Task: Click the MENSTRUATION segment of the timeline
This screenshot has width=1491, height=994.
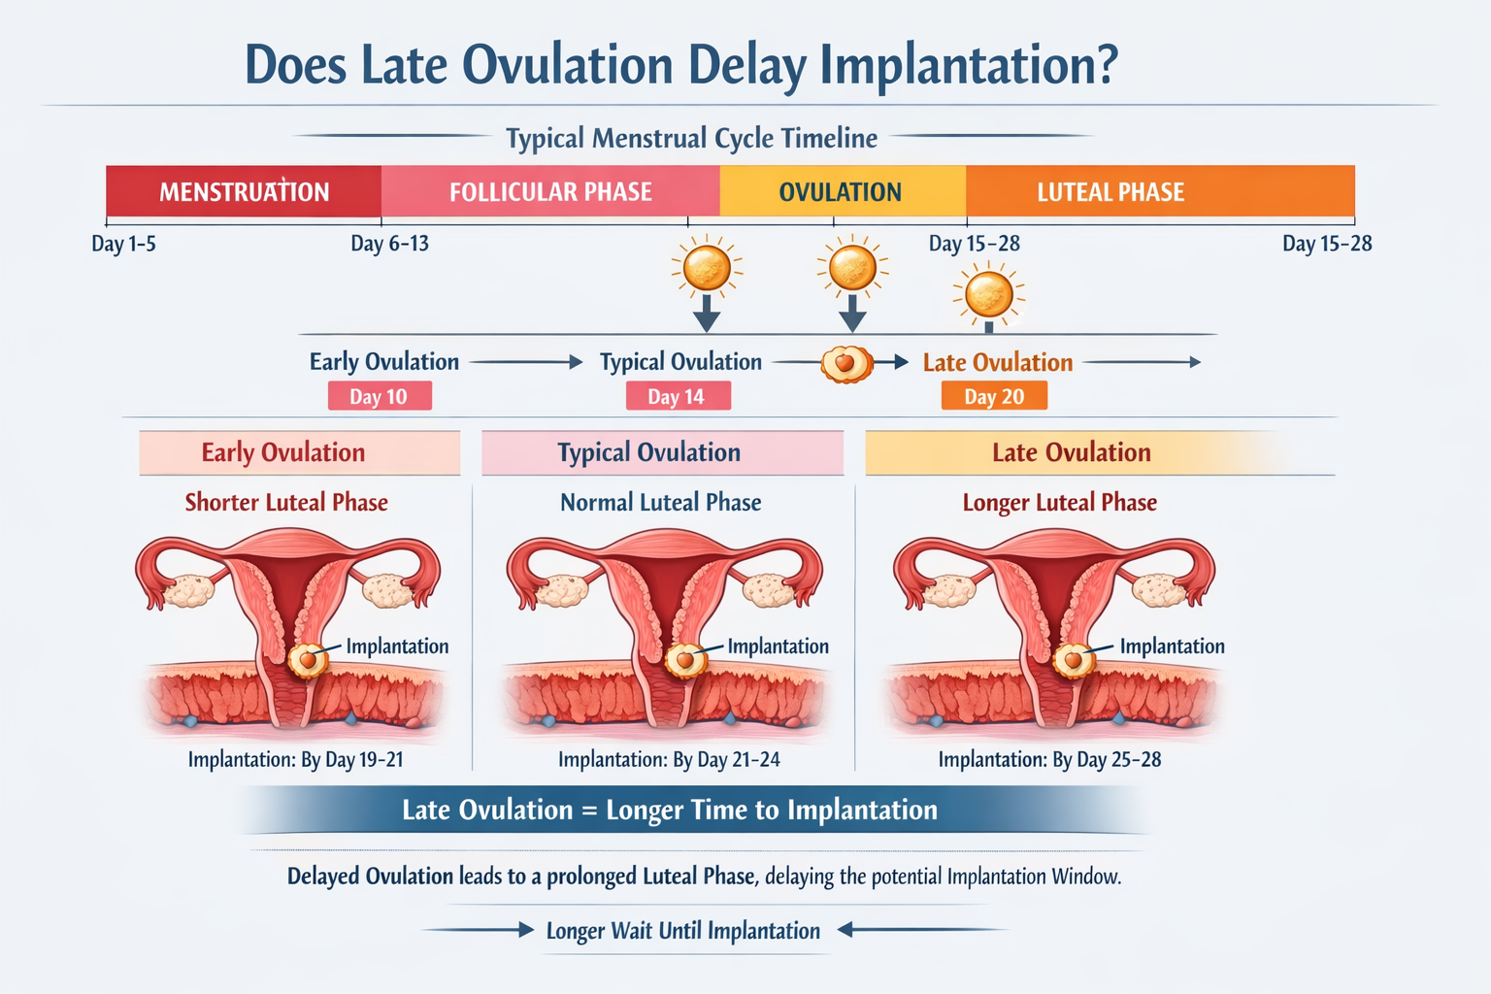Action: (244, 191)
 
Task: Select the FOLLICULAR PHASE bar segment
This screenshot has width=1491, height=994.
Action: (550, 191)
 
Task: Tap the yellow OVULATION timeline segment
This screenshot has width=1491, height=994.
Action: (841, 191)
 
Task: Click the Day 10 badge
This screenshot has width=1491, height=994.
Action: (379, 396)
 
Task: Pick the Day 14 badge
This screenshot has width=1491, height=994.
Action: (677, 396)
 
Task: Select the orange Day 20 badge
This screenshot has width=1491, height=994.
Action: (994, 396)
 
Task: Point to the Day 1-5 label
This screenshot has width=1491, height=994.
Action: (123, 244)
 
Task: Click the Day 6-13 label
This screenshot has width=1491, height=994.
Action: (389, 244)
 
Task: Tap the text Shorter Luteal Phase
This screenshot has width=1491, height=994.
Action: (286, 502)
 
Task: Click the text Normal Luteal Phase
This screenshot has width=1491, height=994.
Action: (660, 502)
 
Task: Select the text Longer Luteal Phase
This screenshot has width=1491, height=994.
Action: (1059, 502)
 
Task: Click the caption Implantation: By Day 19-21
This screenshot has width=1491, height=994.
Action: (295, 759)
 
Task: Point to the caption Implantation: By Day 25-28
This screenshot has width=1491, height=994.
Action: (1049, 759)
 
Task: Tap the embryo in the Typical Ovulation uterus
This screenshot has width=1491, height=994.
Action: (685, 660)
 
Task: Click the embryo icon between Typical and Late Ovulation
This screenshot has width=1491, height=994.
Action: (846, 363)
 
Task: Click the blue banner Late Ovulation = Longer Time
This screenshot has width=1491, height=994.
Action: (670, 810)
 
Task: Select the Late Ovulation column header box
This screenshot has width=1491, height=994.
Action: (1072, 452)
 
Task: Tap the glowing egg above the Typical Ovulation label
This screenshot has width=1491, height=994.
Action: (707, 268)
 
